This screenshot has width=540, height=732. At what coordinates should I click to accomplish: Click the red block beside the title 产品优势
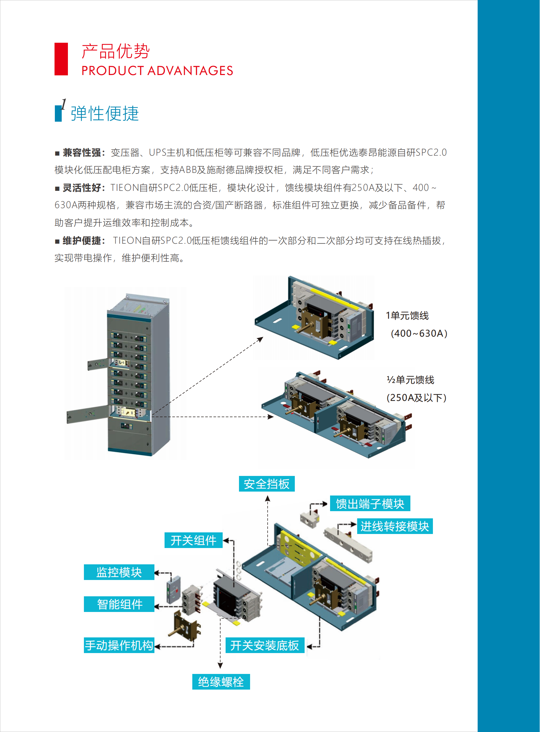(61, 59)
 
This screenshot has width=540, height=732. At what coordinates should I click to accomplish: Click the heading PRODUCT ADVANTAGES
(157, 71)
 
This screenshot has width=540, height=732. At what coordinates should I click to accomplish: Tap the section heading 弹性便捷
(104, 114)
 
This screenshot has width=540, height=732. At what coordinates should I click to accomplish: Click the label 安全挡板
(266, 484)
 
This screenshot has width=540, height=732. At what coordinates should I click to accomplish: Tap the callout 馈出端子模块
(370, 504)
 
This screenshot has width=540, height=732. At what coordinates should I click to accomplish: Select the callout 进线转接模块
(394, 526)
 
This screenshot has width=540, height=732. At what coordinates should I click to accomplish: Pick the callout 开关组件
(193, 540)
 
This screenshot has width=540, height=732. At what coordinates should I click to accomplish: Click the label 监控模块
(119, 572)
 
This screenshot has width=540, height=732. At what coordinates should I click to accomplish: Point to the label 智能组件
(119, 604)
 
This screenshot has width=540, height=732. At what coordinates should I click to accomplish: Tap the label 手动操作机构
(119, 645)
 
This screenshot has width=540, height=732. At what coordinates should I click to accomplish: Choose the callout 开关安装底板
(265, 645)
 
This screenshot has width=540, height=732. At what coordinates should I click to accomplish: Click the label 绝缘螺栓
(221, 682)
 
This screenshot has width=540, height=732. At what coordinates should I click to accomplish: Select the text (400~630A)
(419, 333)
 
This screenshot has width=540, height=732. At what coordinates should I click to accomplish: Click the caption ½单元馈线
(411, 380)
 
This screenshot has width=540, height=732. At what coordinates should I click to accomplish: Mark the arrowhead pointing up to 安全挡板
(268, 498)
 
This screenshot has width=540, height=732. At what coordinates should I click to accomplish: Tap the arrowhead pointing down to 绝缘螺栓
(220, 665)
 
